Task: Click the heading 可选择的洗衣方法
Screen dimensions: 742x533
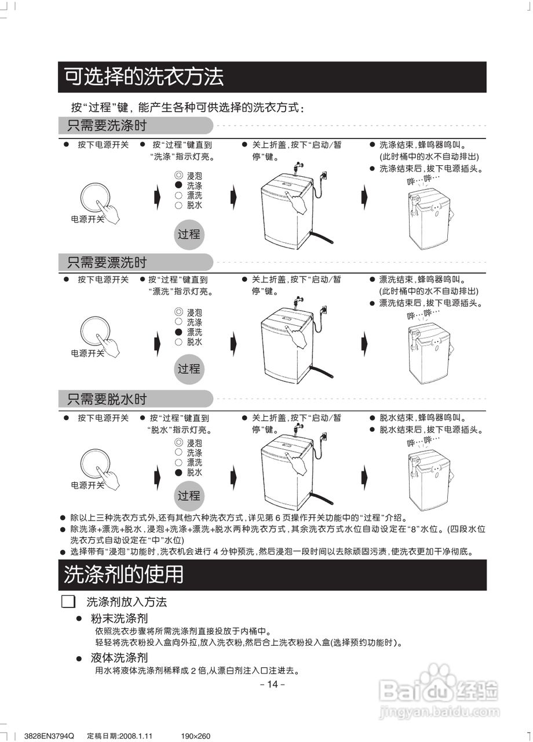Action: tap(143, 77)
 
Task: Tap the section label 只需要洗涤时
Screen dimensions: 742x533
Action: tap(107, 126)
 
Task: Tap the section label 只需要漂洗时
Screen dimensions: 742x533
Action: tap(107, 263)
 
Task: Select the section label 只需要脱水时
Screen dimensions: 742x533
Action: tap(107, 399)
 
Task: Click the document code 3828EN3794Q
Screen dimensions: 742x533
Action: tap(50, 736)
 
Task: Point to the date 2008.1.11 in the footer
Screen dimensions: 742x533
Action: tap(134, 736)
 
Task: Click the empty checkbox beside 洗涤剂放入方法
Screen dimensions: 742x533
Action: tap(68, 601)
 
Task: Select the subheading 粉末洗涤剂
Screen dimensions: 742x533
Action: tap(119, 619)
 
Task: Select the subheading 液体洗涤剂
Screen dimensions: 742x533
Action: tap(119, 658)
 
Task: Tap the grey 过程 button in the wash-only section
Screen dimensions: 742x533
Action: tap(189, 235)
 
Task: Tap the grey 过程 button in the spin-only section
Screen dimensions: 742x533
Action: tap(189, 496)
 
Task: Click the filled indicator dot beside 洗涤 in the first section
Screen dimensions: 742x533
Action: tap(178, 185)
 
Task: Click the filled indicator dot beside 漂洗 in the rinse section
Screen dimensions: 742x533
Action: tap(178, 332)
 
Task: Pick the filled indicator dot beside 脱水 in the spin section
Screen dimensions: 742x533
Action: tap(178, 472)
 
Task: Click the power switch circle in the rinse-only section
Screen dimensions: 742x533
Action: tap(95, 332)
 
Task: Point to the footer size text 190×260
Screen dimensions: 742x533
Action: tap(195, 736)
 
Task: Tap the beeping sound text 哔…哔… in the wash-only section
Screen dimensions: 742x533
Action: tap(424, 179)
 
